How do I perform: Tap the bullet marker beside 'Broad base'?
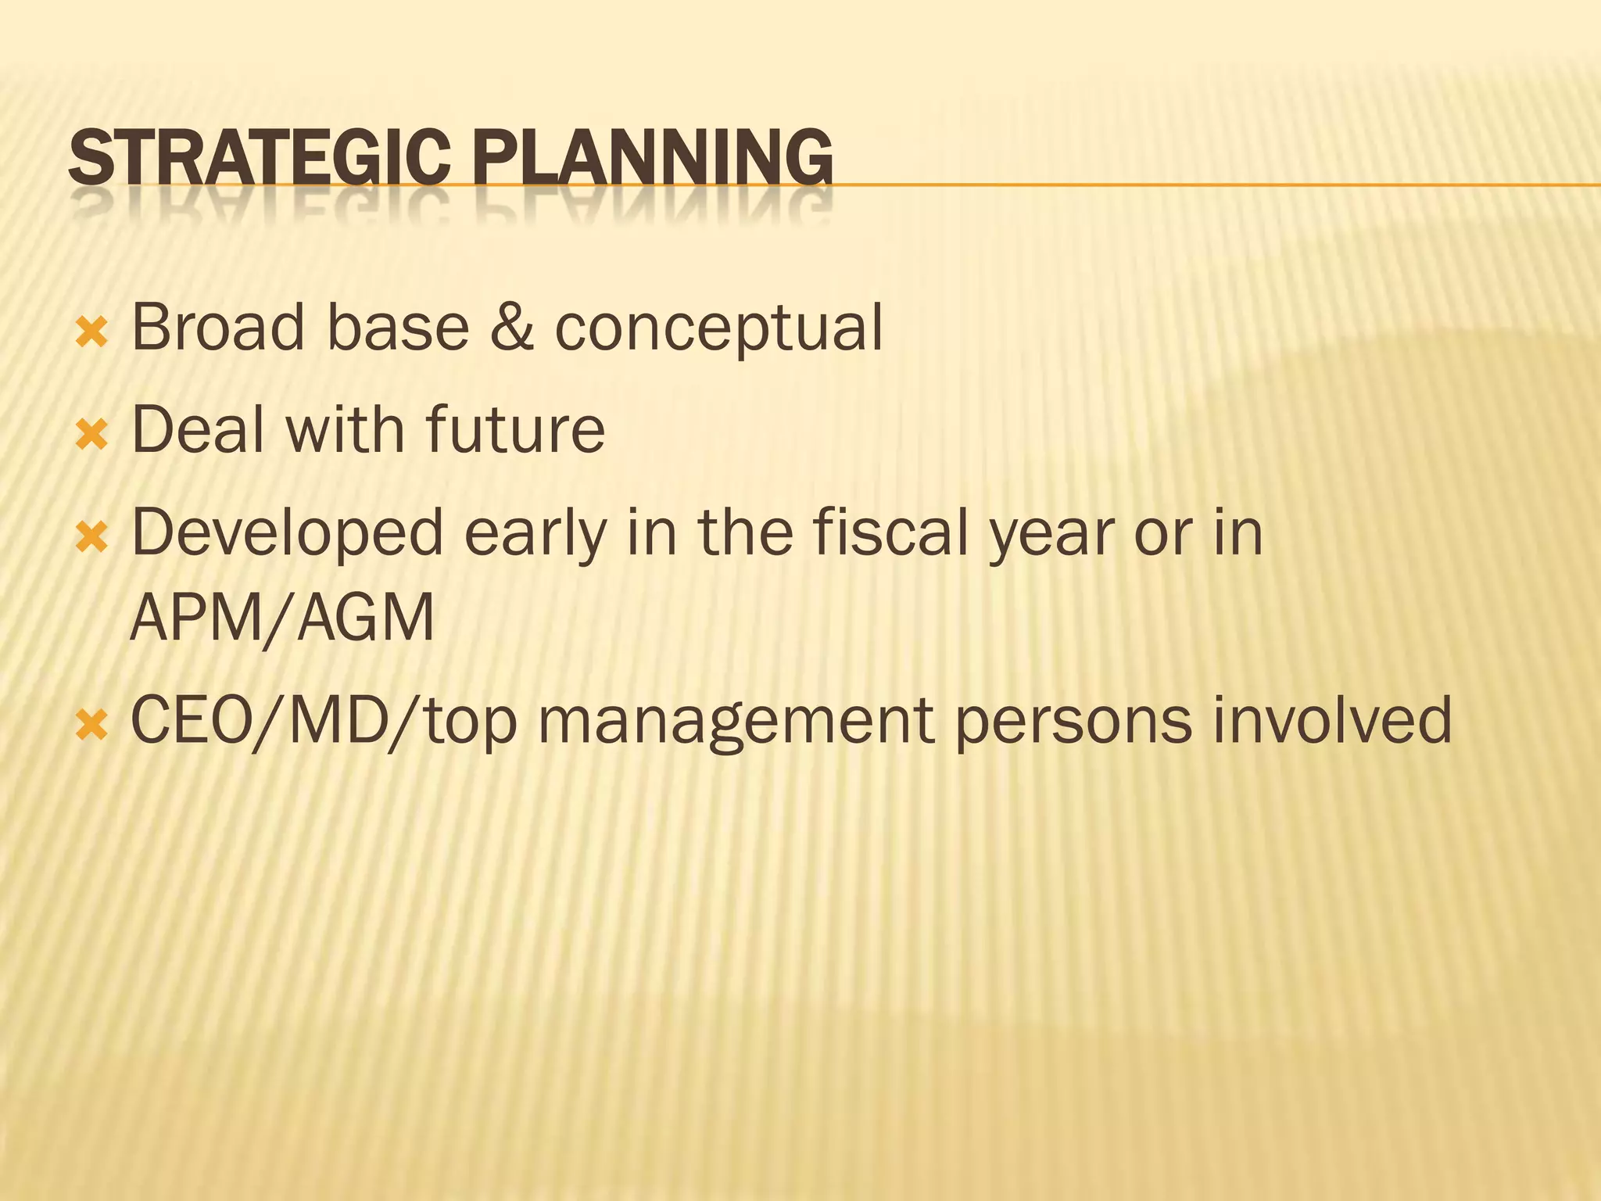[92, 333]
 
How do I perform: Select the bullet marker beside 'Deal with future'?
[92, 435]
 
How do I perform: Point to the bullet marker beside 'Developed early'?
[92, 538]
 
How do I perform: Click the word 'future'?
[515, 429]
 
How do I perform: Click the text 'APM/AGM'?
[282, 618]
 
